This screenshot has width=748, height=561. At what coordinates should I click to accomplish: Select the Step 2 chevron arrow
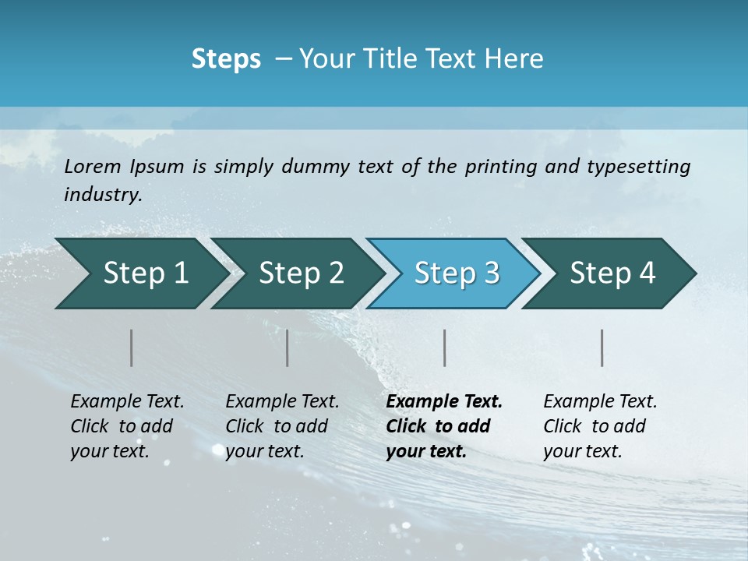297,273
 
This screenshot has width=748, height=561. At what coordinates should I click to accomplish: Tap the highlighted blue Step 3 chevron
453,273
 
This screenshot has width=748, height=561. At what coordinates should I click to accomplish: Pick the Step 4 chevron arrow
609,273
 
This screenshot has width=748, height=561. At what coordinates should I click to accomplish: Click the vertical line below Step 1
131,348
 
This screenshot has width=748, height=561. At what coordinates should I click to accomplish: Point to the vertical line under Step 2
288,348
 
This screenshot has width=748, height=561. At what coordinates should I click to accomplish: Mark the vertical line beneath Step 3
444,348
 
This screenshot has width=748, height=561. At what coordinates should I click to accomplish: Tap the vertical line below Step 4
602,348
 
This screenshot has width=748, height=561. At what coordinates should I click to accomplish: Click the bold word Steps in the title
226,59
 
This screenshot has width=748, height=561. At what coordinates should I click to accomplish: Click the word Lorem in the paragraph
93,166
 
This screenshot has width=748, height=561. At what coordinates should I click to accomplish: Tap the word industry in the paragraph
103,195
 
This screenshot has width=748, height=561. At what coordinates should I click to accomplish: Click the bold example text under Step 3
443,426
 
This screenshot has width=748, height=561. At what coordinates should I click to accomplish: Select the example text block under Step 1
127,426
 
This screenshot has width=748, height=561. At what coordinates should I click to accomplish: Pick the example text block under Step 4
600,426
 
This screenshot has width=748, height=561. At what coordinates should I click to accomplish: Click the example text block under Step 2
282,426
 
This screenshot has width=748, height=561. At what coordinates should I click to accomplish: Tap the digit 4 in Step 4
647,273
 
